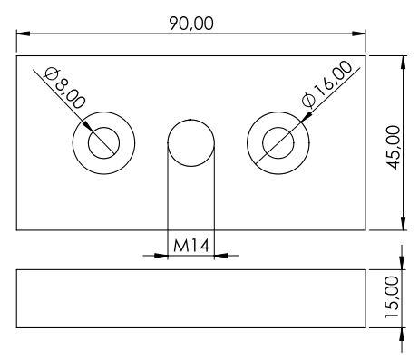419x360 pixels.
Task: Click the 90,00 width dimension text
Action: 191,24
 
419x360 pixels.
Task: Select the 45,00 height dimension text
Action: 394,148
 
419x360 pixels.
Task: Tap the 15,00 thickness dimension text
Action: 392,297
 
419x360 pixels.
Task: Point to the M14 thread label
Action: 191,246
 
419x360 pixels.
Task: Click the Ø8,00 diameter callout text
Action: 64,88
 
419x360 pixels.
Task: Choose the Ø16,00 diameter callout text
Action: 327,83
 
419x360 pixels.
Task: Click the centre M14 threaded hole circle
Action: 191,143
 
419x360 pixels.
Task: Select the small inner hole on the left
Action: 103,143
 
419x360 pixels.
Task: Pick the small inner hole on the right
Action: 278,143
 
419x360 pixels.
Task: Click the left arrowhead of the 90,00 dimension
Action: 23,34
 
